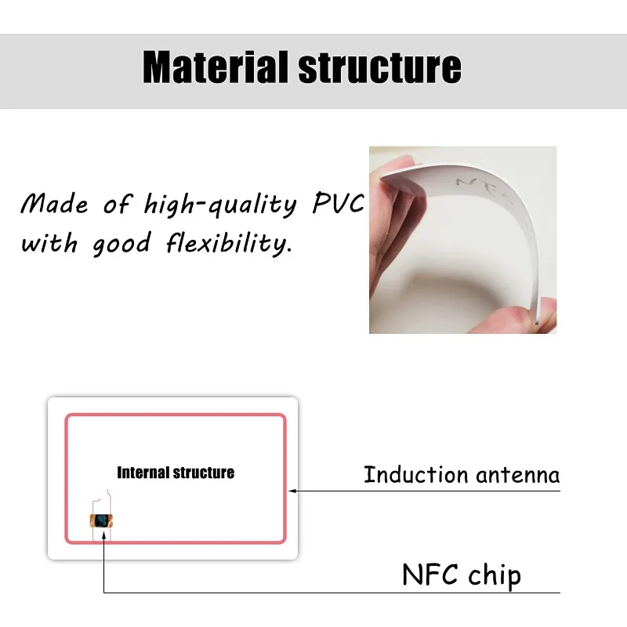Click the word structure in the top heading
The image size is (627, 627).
(380, 67)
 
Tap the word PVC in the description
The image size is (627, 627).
(338, 205)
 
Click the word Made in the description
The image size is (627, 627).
(54, 205)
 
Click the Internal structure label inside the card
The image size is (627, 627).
(176, 473)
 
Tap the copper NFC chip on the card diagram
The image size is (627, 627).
(103, 520)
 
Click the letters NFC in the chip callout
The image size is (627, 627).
(430, 575)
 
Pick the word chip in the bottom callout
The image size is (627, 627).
(493, 577)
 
